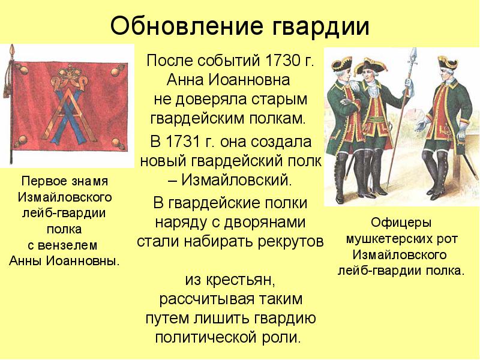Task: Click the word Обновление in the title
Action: (187, 26)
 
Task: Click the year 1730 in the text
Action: (283, 61)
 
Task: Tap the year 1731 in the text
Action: (184, 142)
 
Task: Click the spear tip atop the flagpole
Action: (13, 50)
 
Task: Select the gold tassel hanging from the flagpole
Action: (6, 89)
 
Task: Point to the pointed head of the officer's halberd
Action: (414, 58)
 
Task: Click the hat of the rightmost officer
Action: (448, 63)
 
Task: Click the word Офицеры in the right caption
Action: (401, 223)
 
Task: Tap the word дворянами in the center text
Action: (265, 223)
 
